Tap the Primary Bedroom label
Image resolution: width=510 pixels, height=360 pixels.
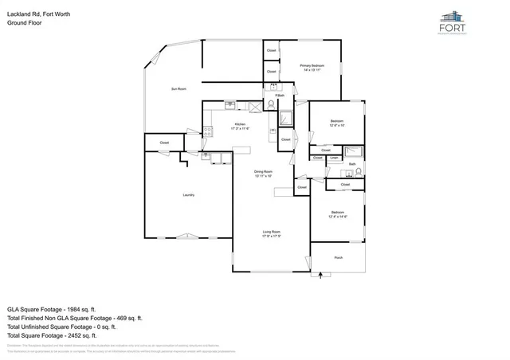pyautogui.click(x=312, y=65)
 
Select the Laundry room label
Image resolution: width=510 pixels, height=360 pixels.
pyautogui.click(x=189, y=194)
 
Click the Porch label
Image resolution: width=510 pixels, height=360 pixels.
pyautogui.click(x=339, y=258)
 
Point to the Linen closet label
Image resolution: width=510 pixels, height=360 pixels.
pyautogui.click(x=335, y=158)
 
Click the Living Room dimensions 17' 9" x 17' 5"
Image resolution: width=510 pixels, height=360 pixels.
pyautogui.click(x=272, y=237)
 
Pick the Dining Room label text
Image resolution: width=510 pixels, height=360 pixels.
pyautogui.click(x=264, y=172)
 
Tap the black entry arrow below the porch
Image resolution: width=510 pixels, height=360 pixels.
pyautogui.click(x=323, y=275)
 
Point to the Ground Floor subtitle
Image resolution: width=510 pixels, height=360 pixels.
pyautogui.click(x=24, y=23)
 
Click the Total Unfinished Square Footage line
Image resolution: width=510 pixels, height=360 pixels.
pyautogui.click(x=61, y=327)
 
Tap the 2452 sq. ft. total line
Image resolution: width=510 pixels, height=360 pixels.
pyautogui.click(x=50, y=335)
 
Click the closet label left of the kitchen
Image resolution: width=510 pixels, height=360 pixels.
pyautogui.click(x=164, y=143)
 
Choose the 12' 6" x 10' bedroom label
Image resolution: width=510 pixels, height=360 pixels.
pyautogui.click(x=337, y=123)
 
